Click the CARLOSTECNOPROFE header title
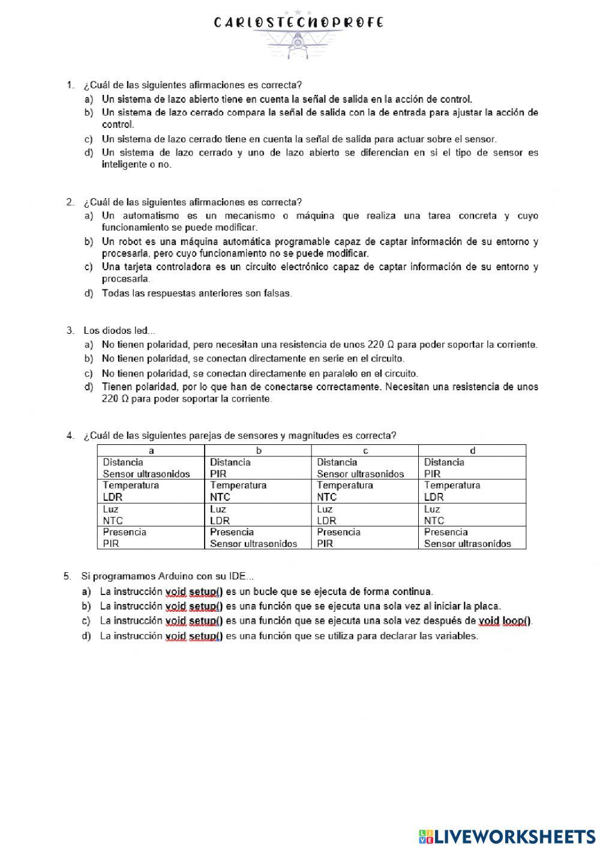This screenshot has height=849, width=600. (x=298, y=23)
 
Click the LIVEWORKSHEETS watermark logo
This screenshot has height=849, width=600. (x=506, y=836)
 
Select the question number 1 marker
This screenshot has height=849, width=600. (x=70, y=85)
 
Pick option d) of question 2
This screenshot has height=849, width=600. (x=196, y=294)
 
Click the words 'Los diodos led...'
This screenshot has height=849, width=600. (x=119, y=330)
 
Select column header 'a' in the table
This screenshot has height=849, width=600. (x=151, y=450)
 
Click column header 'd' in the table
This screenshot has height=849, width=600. (x=472, y=450)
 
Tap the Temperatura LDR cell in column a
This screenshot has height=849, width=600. (x=151, y=491)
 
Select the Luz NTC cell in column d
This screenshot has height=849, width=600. (x=472, y=515)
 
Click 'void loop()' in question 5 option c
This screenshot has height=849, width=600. (x=505, y=621)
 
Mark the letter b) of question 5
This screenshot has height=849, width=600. (x=86, y=606)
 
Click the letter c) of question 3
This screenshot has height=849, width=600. (x=88, y=373)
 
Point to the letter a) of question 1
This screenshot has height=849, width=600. (x=88, y=99)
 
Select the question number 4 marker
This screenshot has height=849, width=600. (x=70, y=435)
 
